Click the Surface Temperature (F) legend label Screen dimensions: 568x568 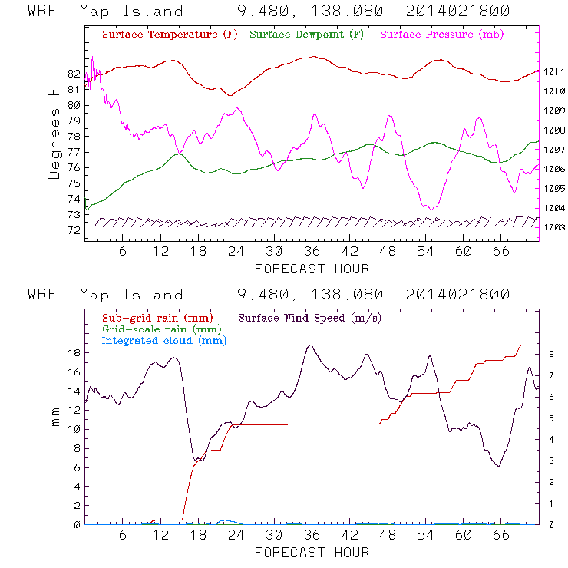[x=169, y=35]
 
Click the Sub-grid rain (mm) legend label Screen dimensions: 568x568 [x=150, y=317]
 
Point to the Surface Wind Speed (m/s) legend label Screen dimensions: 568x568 [x=310, y=317]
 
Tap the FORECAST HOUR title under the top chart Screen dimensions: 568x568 [x=312, y=269]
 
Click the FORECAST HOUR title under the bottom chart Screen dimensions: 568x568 [x=312, y=552]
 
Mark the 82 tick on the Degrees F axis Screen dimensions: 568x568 [x=74, y=74]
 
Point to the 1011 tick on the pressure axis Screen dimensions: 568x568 [x=555, y=71]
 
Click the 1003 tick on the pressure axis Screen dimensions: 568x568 [x=555, y=227]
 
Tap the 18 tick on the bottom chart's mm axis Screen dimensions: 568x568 [x=74, y=353]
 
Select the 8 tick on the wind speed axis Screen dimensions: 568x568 [x=550, y=353]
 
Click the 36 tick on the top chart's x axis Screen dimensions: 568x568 [x=312, y=251]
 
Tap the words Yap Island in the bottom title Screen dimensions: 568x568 [x=131, y=295]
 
